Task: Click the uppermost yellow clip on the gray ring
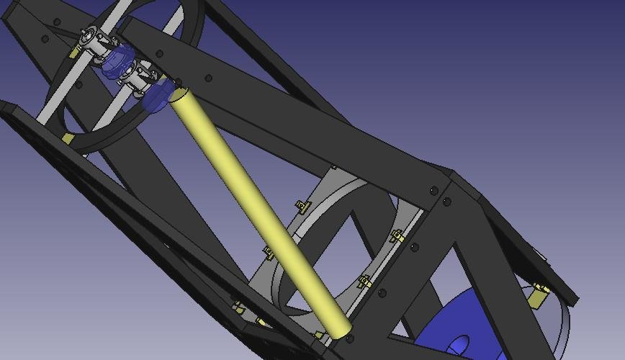(303, 207)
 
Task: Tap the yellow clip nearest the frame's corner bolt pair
(397, 235)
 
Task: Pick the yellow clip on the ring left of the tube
(269, 253)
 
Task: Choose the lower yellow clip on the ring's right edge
(365, 282)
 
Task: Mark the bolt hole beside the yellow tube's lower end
(350, 338)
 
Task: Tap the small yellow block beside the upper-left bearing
(74, 52)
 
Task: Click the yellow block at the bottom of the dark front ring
(67, 138)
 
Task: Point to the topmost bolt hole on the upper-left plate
(57, 22)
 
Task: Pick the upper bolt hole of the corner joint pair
(433, 191)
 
